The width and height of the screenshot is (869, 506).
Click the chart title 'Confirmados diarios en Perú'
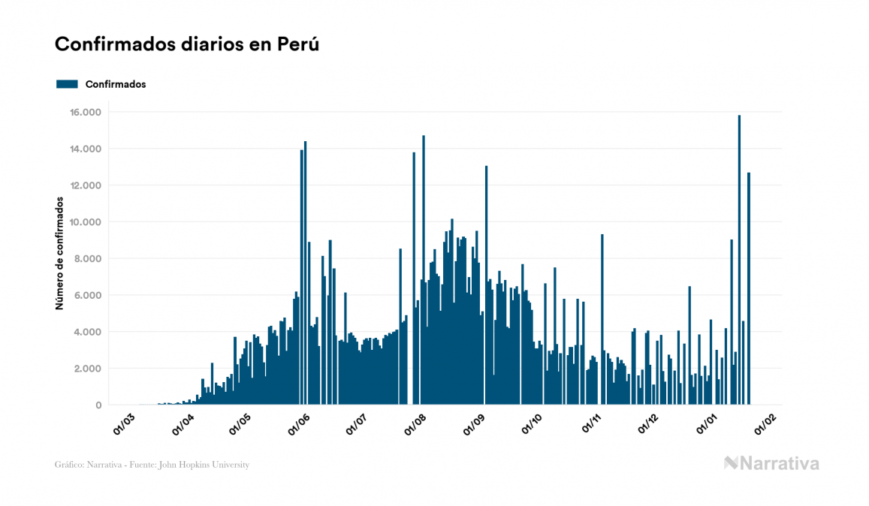[187, 44]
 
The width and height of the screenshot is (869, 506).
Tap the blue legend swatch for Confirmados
[67, 84]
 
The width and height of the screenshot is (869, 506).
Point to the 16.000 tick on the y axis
[86, 113]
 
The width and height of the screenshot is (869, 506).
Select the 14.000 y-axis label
[86, 149]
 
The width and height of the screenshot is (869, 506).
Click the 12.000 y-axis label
[86, 185]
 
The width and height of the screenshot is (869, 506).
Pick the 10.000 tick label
[86, 222]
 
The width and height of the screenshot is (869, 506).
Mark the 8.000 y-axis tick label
[89, 259]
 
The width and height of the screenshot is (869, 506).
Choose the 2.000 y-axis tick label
[89, 369]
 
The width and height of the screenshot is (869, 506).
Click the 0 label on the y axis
[98, 405]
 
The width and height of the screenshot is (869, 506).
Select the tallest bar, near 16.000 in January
[739, 259]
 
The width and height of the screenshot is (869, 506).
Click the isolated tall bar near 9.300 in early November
[602, 319]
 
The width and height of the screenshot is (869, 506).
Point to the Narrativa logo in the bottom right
[771, 463]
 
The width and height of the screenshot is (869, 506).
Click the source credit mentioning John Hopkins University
[152, 465]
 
